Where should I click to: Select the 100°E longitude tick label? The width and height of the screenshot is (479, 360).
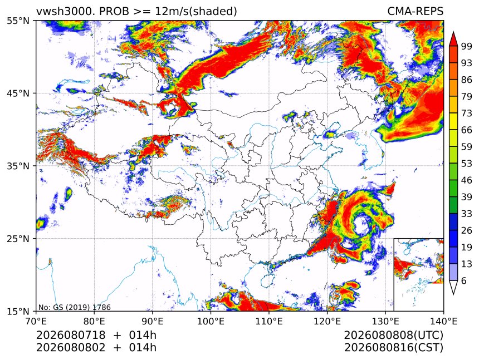211,321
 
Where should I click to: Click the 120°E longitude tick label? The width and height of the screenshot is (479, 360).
327,321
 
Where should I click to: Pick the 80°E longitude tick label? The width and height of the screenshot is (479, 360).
94,321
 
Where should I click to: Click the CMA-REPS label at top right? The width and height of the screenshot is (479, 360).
415,11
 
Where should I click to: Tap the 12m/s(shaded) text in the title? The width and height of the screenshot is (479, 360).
196,12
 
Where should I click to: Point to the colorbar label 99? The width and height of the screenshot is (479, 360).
467,46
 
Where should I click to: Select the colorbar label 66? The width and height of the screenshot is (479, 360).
467,130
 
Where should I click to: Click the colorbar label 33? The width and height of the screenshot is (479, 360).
467,214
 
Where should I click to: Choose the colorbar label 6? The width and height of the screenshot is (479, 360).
464,280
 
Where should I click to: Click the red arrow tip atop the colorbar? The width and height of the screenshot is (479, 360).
453,32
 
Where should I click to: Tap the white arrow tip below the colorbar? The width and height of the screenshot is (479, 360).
453,295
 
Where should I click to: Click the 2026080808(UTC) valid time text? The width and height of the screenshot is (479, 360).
393,336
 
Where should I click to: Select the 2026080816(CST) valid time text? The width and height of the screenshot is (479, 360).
393,348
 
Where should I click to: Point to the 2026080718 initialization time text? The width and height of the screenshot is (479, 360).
71,335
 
